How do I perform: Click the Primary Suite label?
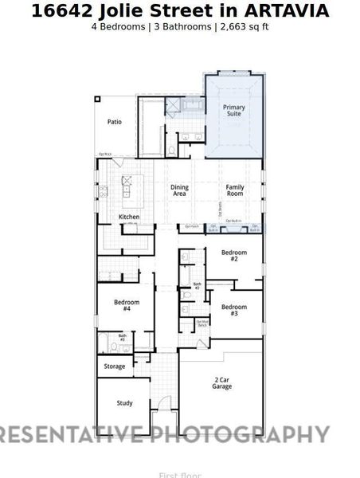coord(233,111)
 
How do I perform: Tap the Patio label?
coord(115,122)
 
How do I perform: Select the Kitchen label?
coord(129,217)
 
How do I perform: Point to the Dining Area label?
coord(180,190)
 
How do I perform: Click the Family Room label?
coord(234,190)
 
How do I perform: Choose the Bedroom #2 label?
coord(234,256)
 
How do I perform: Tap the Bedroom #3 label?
coord(234,311)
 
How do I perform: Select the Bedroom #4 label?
coord(127,305)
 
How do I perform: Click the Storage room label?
coord(115,366)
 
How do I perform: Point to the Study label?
coord(124,403)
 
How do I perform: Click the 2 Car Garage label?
coord(222,383)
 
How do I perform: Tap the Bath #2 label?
coord(198,285)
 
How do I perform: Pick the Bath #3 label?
coord(123,338)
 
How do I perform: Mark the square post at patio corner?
coord(97,100)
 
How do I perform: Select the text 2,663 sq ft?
coord(242,26)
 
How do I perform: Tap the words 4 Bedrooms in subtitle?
coord(119,26)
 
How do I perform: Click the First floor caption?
coord(180,475)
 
